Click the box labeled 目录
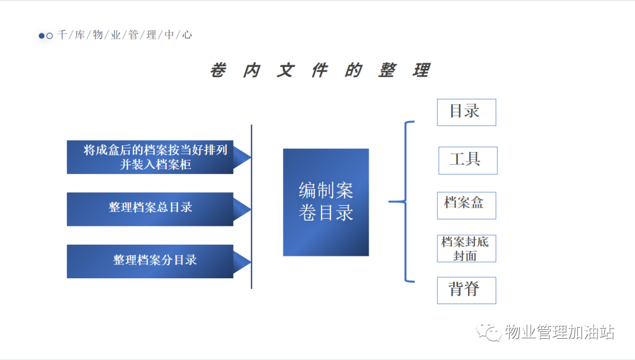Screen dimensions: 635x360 point(466,112)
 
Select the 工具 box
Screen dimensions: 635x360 point(468,161)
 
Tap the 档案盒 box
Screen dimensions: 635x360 point(466,205)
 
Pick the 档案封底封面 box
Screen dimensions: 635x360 point(466,248)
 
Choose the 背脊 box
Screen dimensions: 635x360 point(466,291)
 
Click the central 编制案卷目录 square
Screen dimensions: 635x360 point(326,202)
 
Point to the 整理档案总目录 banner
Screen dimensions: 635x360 point(159,209)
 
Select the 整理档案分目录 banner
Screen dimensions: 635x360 point(159,261)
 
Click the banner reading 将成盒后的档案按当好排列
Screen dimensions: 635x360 point(159,157)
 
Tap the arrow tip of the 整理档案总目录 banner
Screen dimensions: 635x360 point(250,209)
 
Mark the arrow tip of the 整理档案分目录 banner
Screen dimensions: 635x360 point(250,262)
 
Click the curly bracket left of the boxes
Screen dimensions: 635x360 point(405,201)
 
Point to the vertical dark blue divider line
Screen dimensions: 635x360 point(252,206)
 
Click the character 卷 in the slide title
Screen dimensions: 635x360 point(218,70)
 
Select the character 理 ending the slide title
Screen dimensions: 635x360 point(421,70)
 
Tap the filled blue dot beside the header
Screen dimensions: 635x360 point(41,36)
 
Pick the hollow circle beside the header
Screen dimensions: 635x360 point(49,36)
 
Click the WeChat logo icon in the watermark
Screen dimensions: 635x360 point(489,332)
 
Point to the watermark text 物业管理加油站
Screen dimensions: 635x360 point(560,332)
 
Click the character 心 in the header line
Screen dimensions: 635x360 point(187,35)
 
